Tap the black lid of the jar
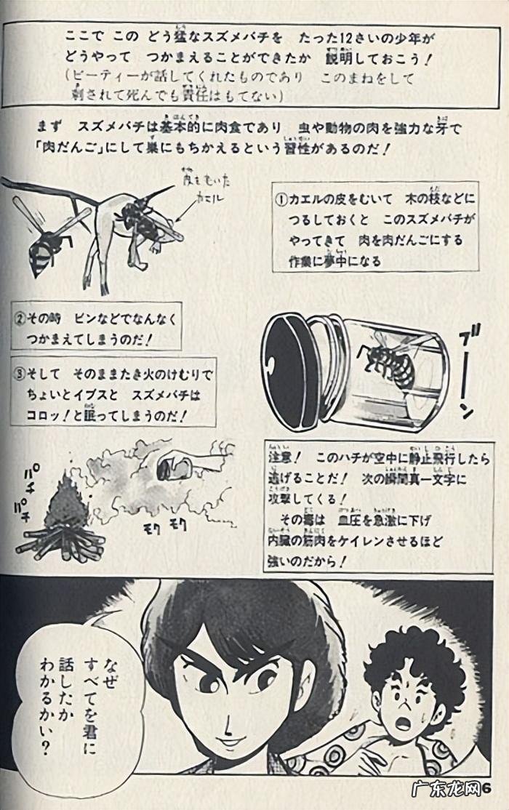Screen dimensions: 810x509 click(289, 371)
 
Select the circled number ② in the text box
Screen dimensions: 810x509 click(21, 318)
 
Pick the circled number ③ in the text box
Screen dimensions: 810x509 click(21, 376)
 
